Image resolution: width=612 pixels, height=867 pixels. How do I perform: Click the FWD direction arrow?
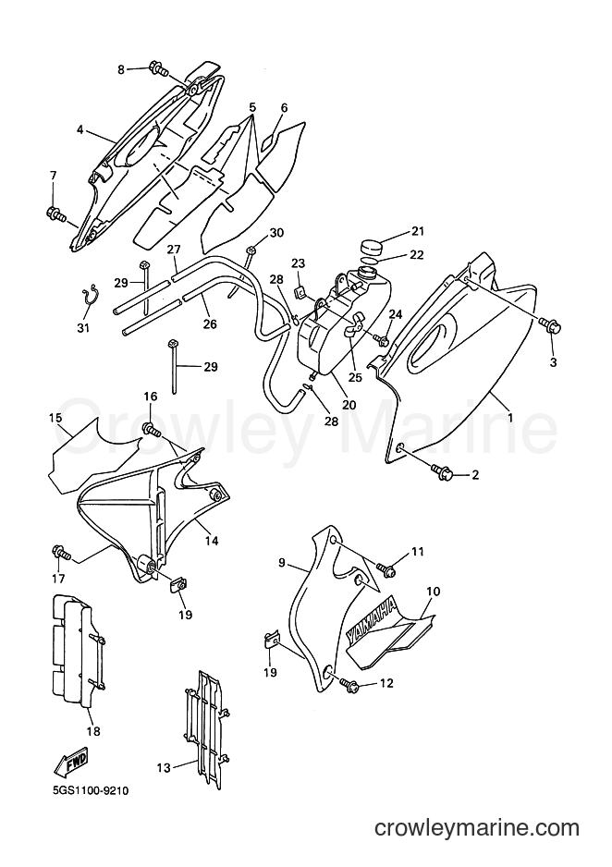[70, 763]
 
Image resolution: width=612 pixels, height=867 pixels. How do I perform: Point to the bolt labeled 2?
[445, 471]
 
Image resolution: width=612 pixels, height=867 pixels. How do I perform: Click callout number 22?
[416, 254]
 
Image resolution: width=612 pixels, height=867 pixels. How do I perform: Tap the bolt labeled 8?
[159, 70]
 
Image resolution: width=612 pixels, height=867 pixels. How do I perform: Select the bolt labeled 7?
[55, 213]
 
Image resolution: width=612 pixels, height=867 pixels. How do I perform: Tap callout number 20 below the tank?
[349, 404]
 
